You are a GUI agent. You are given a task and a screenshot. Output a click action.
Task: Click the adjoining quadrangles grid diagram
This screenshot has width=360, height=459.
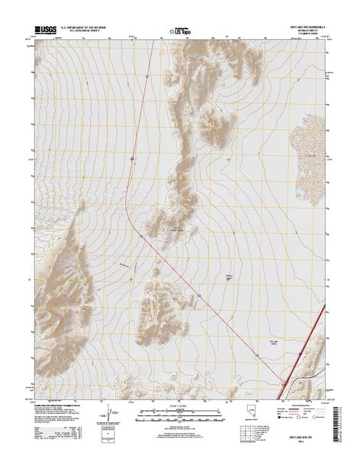249,434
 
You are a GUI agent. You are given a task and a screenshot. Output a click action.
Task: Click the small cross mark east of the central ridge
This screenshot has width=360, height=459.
230,158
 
